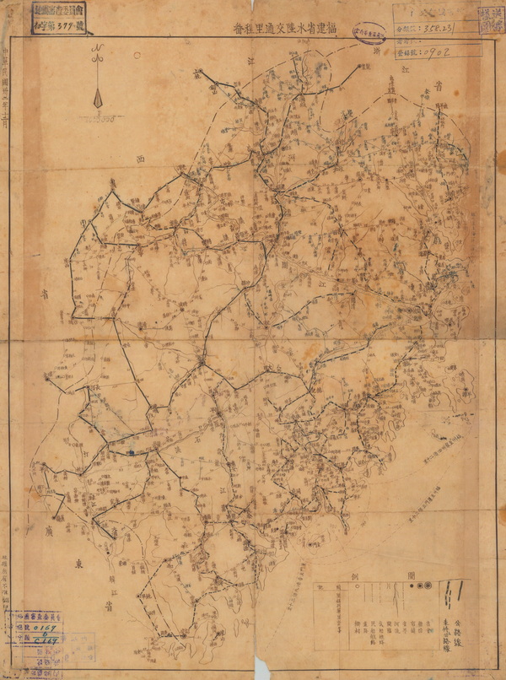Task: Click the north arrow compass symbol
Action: pyautogui.click(x=100, y=84)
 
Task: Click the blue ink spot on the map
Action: pyautogui.click(x=132, y=452)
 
